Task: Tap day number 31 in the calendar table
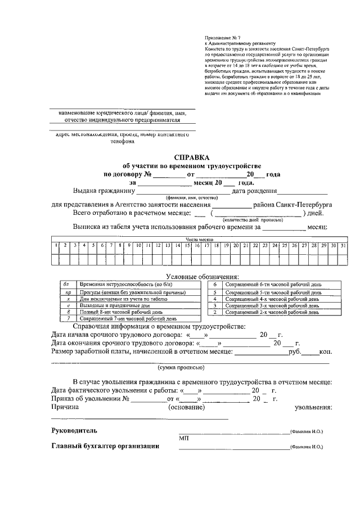pos(343,246)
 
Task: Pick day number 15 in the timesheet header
pos(187,246)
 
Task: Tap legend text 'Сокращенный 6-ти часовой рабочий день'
pos(273,285)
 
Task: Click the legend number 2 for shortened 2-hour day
pos(215,312)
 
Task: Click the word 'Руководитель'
pos(74,431)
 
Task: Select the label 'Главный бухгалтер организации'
pos(105,447)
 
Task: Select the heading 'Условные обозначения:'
pos(202,276)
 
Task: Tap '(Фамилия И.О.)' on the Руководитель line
pos(307,432)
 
